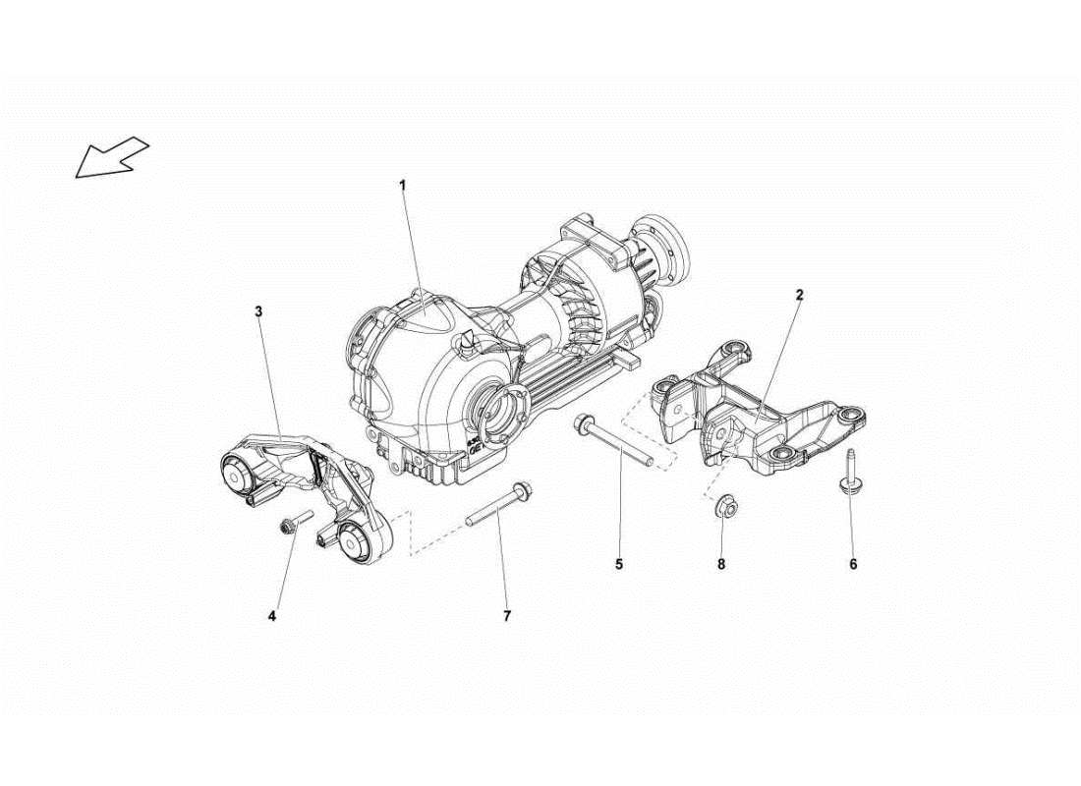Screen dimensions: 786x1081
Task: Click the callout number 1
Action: pyautogui.click(x=401, y=184)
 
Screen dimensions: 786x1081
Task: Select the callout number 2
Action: pyautogui.click(x=800, y=295)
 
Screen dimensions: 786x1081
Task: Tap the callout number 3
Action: pyautogui.click(x=258, y=311)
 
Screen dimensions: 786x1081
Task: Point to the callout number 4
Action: pyautogui.click(x=272, y=617)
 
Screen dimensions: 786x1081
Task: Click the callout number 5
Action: pyautogui.click(x=619, y=564)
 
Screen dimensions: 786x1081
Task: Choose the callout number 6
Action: pyautogui.click(x=853, y=564)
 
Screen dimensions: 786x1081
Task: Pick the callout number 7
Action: pyautogui.click(x=507, y=617)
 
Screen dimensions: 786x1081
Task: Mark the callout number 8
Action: pyautogui.click(x=720, y=564)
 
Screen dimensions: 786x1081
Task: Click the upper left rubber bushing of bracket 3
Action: pyautogui.click(x=239, y=474)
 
